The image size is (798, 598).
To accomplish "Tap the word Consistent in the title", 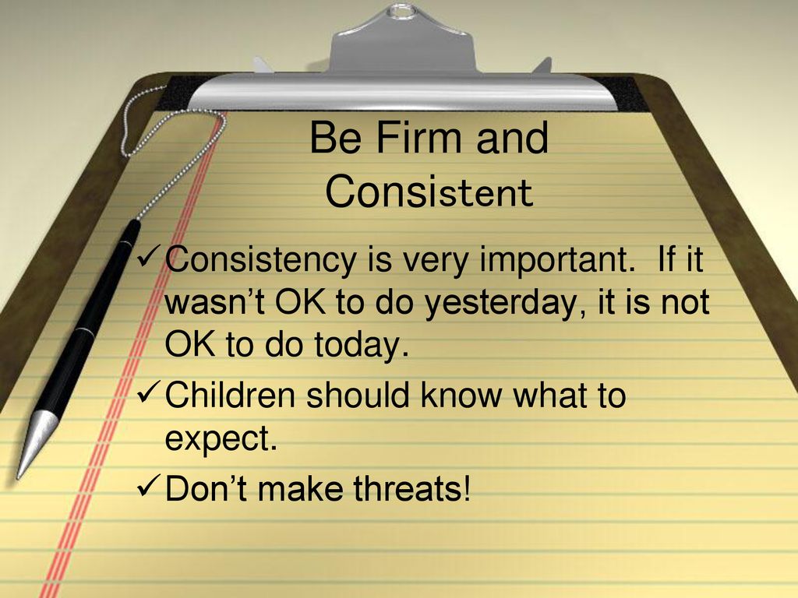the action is (x=429, y=192).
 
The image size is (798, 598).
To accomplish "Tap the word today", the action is (x=362, y=345).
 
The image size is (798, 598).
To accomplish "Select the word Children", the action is (x=230, y=394).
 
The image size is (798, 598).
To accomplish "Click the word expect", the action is (x=221, y=439).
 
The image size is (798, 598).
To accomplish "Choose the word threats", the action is (x=411, y=487).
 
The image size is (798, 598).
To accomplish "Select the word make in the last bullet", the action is (x=300, y=487).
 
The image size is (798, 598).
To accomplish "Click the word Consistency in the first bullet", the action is (x=260, y=261).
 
